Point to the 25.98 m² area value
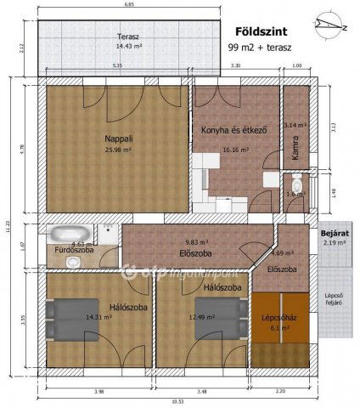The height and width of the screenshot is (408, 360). tap(118, 150)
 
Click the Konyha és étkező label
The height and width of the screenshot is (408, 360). tap(234, 130)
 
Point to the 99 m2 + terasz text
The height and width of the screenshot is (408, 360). tap(256, 47)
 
